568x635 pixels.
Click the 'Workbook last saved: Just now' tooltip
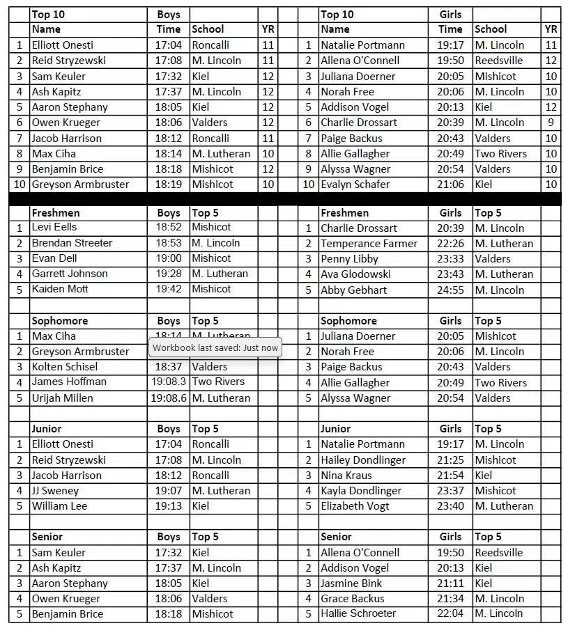pyautogui.click(x=215, y=347)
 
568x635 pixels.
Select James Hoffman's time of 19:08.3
pyautogui.click(x=169, y=382)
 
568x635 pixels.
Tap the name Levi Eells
pyautogui.click(x=54, y=227)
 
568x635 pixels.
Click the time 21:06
pyautogui.click(x=450, y=185)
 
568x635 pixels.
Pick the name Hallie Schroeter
pyautogui.click(x=358, y=613)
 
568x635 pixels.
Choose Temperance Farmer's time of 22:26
pyautogui.click(x=450, y=244)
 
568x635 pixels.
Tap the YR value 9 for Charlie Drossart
pyautogui.click(x=551, y=123)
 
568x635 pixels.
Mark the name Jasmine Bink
pyautogui.click(x=351, y=583)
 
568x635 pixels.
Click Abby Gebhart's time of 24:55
pyautogui.click(x=450, y=290)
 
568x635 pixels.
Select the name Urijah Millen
pyautogui.click(x=62, y=398)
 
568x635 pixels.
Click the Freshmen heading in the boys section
pyautogui.click(x=56, y=212)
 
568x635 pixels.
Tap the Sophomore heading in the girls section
pyautogui.click(x=348, y=321)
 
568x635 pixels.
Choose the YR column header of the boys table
pyautogui.click(x=268, y=29)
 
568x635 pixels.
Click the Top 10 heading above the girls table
pyautogui.click(x=337, y=14)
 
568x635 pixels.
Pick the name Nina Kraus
pyautogui.click(x=346, y=476)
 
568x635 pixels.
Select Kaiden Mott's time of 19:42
pyautogui.click(x=169, y=289)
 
